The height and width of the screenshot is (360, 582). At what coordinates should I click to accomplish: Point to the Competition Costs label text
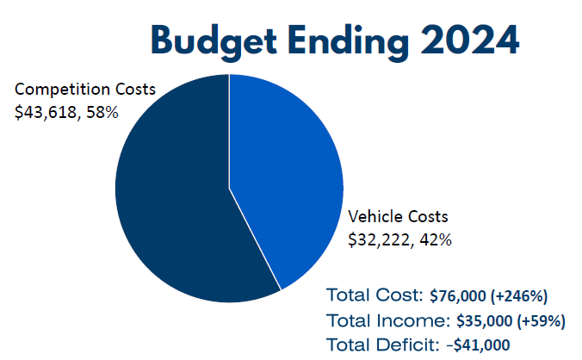click(x=85, y=90)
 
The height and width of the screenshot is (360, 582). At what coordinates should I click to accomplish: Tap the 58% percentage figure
click(x=102, y=112)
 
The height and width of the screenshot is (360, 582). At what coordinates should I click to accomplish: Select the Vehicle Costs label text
click(x=398, y=216)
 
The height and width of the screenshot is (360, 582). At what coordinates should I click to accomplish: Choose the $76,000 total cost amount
click(x=460, y=296)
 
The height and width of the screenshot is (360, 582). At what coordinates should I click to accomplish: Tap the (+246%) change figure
click(x=520, y=296)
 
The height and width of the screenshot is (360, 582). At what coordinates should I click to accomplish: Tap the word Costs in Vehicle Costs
click(x=429, y=216)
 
